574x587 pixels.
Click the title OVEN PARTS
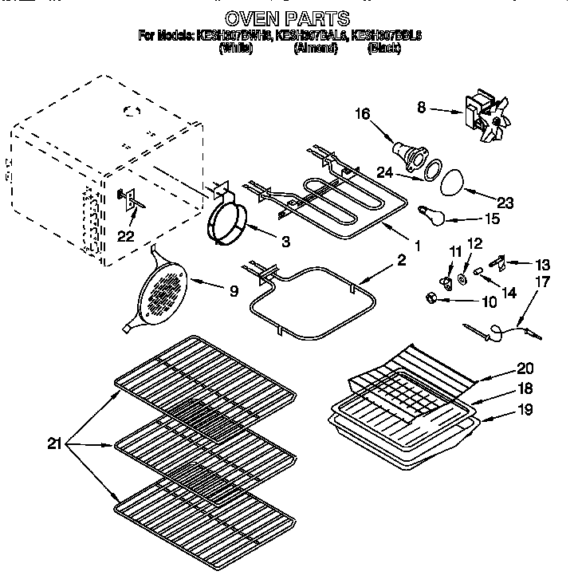(x=286, y=17)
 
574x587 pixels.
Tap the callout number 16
(x=362, y=115)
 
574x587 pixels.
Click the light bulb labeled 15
(x=430, y=211)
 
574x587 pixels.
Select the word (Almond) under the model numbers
(x=316, y=49)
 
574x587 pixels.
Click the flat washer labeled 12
(x=462, y=281)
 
